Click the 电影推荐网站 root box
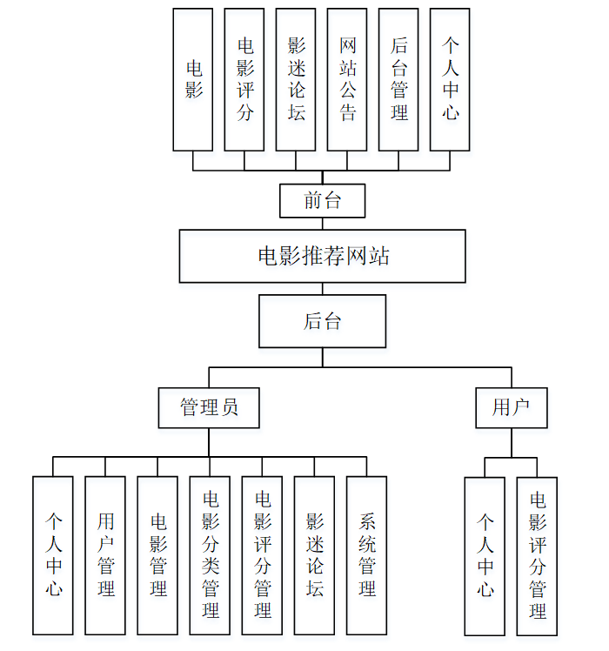[x=323, y=256]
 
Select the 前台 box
[x=323, y=200]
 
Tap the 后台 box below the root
[x=323, y=321]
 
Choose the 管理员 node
[x=209, y=407]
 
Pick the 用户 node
[x=511, y=407]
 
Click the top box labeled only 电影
[x=193, y=79]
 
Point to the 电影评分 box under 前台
[x=244, y=79]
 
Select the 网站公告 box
[x=347, y=79]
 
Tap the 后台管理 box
[x=398, y=79]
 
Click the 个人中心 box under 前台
[x=450, y=79]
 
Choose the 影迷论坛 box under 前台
[x=296, y=79]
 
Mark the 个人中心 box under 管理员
[x=53, y=555]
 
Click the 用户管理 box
[x=105, y=555]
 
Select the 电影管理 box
[x=157, y=555]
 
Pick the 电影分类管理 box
[x=210, y=555]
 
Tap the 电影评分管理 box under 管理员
[x=262, y=555]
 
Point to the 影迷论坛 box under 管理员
[x=314, y=555]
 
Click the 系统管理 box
[x=366, y=555]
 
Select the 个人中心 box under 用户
[x=485, y=555]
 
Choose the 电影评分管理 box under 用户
[x=537, y=555]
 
